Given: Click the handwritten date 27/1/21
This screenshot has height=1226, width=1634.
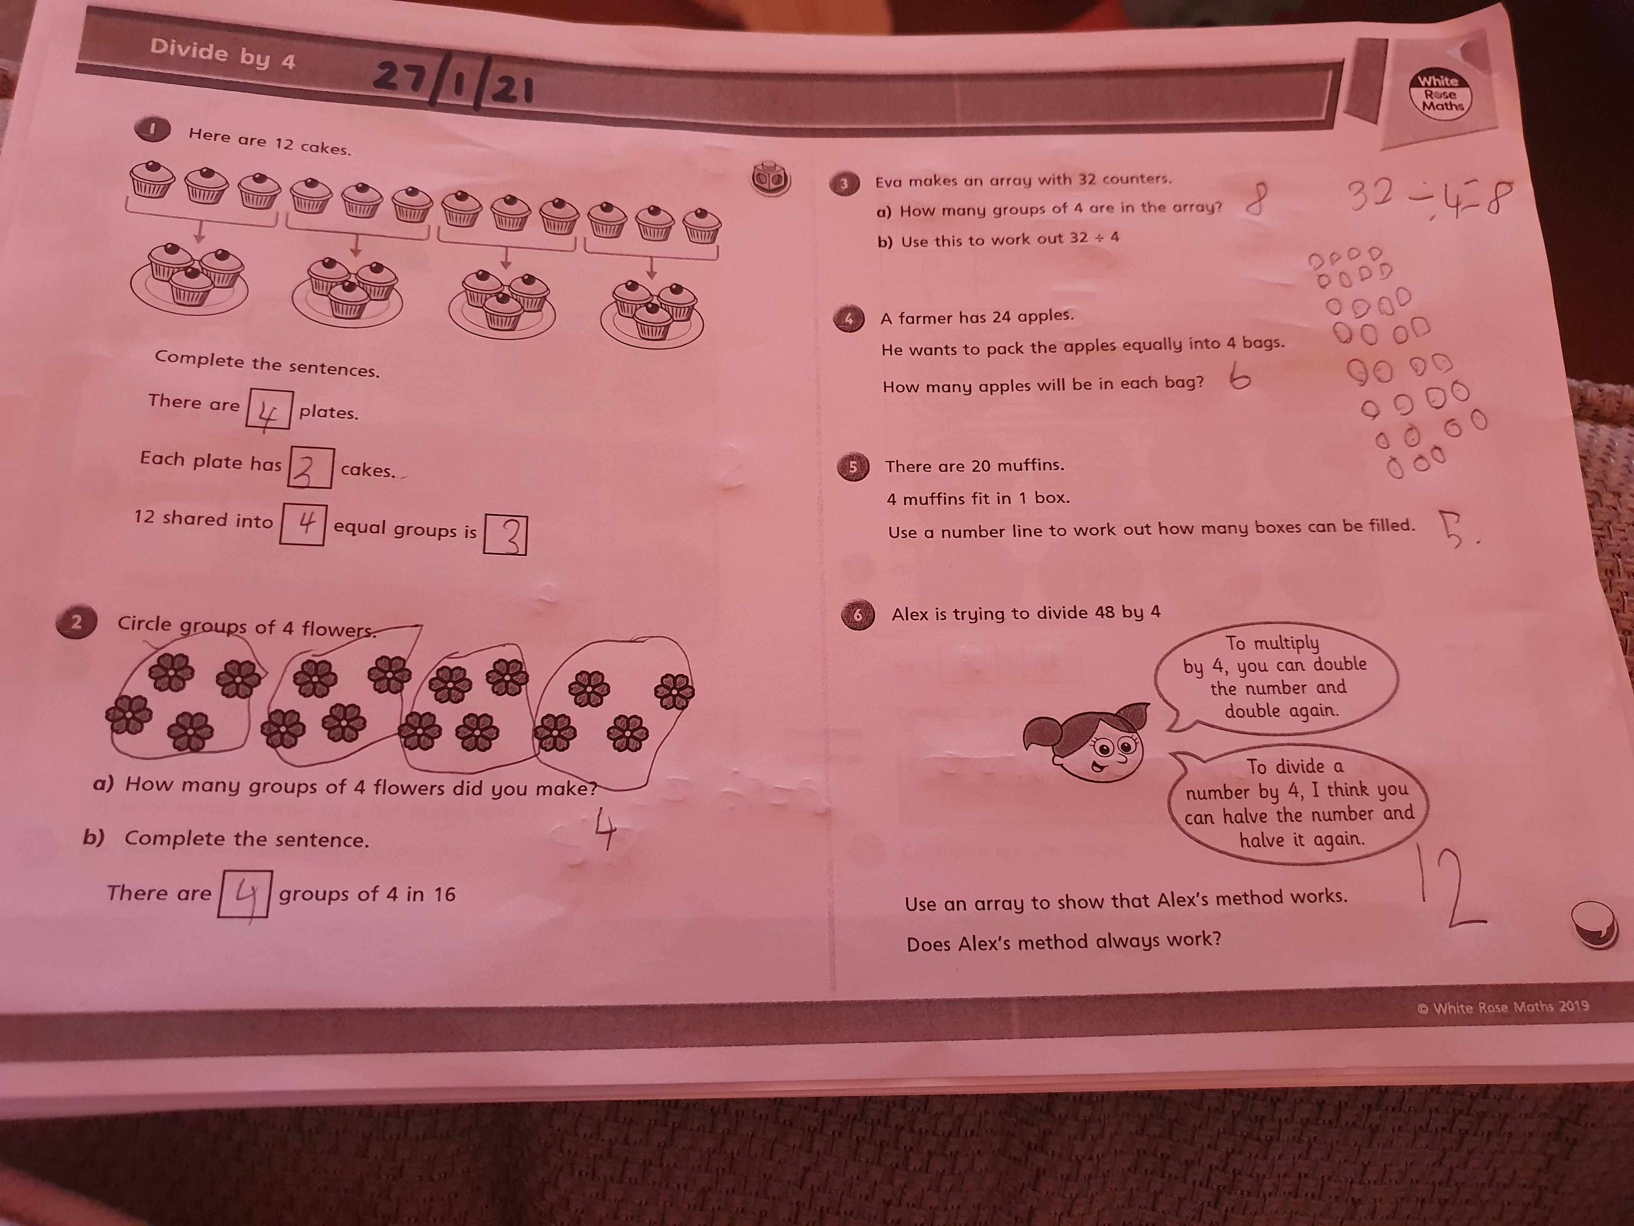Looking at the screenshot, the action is coord(454,81).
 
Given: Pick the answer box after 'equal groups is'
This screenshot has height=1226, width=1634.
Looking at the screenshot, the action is coord(505,535).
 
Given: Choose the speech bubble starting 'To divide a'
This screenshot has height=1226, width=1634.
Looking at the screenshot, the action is coord(1296,803).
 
